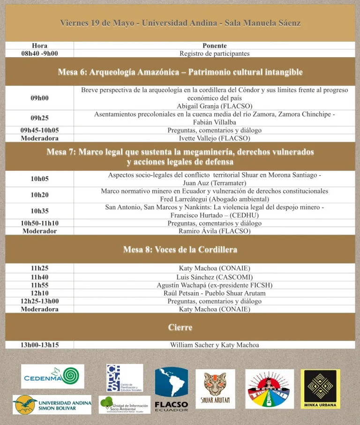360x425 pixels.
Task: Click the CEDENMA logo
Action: [52, 376]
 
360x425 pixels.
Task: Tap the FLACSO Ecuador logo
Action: [171, 389]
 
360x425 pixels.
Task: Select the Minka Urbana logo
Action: [321, 389]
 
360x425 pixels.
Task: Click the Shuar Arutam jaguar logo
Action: [215, 389]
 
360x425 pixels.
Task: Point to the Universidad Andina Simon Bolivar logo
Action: [52, 404]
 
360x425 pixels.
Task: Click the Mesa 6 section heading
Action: [180, 72]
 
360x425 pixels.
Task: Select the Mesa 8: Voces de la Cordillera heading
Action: [180, 250]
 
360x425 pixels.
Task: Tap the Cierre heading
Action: [180, 327]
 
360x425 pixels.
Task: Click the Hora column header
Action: [39, 46]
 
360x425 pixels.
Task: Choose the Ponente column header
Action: [214, 46]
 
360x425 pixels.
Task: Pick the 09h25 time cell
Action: [39, 118]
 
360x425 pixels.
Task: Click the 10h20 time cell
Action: [39, 195]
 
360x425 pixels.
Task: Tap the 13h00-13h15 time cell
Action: [39, 345]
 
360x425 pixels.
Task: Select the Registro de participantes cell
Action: [214, 53]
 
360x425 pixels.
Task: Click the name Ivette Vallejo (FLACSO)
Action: [214, 138]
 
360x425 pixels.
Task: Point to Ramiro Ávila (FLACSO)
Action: [214, 231]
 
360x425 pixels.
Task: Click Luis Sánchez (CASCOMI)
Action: [214, 277]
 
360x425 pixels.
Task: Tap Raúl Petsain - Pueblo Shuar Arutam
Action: [214, 293]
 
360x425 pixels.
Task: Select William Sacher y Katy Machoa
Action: [214, 345]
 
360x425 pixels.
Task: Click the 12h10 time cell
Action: [39, 293]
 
